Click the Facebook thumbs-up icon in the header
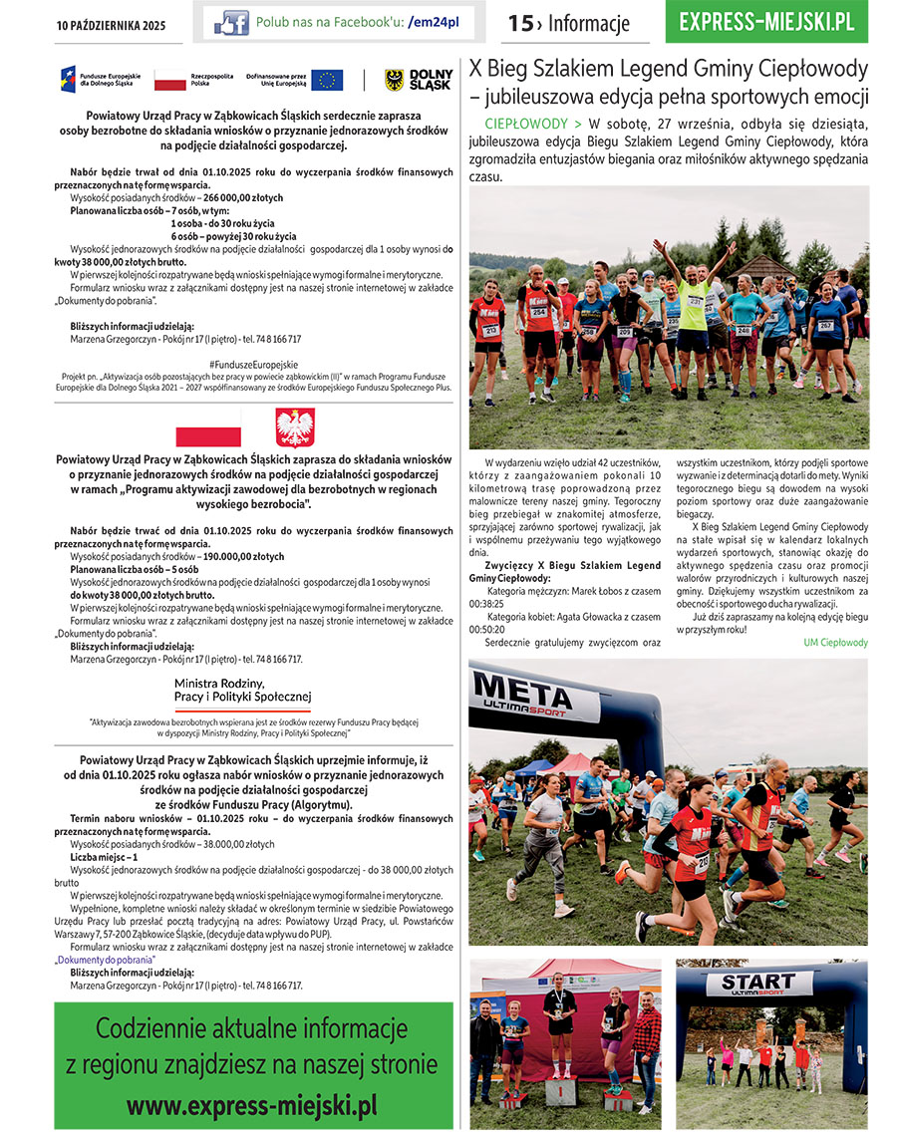(x=231, y=23)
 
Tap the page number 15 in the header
(x=521, y=23)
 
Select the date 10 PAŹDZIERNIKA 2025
(x=111, y=24)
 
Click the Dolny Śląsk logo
(x=419, y=80)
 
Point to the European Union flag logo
(x=327, y=80)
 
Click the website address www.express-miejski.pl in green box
(x=252, y=1105)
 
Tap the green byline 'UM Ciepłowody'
(x=835, y=643)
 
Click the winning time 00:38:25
(x=486, y=604)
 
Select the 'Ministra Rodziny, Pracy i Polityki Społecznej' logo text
(x=242, y=689)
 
